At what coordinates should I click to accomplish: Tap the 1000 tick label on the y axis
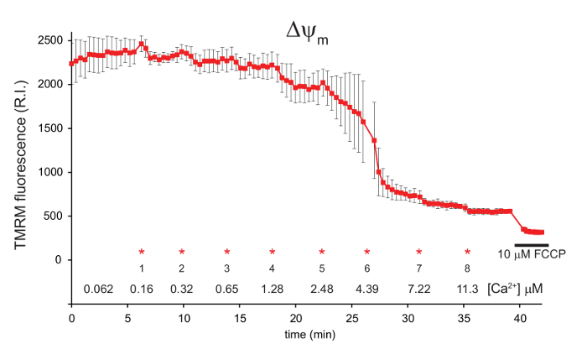click(x=48, y=172)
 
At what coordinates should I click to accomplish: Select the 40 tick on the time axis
click(x=520, y=318)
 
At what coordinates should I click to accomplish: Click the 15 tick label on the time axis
click(x=240, y=318)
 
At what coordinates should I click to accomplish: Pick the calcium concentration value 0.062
click(x=98, y=290)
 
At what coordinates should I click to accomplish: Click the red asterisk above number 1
click(x=142, y=252)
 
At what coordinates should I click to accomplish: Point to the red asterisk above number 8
click(x=468, y=252)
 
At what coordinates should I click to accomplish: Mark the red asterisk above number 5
click(x=321, y=252)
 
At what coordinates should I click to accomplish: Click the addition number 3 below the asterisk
click(x=226, y=269)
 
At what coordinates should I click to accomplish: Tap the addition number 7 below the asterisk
click(x=419, y=269)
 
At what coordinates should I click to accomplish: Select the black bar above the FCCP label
click(x=531, y=244)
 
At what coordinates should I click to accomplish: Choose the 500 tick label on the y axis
click(x=51, y=216)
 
